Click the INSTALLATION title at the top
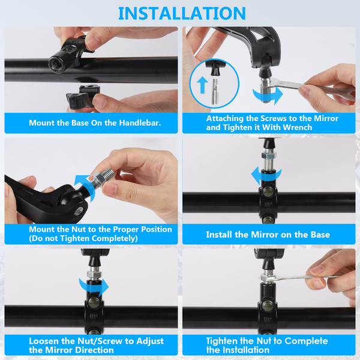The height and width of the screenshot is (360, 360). (x=182, y=13)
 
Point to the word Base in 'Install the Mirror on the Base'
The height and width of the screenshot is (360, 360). (x=320, y=235)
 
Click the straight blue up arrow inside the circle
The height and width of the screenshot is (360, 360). (x=202, y=85)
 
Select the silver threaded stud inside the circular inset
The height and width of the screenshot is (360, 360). (x=215, y=92)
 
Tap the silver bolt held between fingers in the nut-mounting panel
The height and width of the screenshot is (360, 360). (x=102, y=178)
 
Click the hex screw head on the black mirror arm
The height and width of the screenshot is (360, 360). (x=79, y=211)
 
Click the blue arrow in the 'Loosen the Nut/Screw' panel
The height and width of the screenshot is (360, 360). (x=94, y=287)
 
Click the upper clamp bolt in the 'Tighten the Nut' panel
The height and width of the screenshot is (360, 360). (x=268, y=305)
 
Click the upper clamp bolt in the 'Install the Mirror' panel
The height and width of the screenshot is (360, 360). (x=268, y=191)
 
